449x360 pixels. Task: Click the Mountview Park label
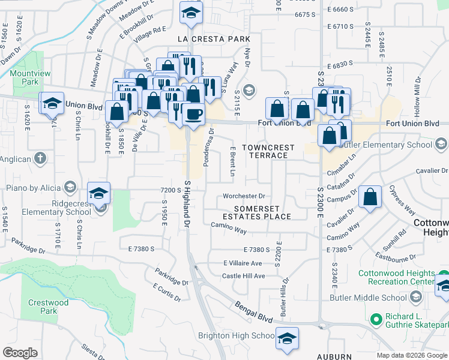[25, 77]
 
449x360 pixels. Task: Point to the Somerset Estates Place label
[257, 212]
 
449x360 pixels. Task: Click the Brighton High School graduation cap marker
[287, 338]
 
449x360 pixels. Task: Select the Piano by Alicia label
[33, 187]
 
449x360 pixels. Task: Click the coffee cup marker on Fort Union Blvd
[193, 114]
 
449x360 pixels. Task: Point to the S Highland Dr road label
[187, 204]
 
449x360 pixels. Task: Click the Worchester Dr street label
[244, 196]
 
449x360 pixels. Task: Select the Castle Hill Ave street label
[243, 276]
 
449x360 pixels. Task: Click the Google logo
[20, 353]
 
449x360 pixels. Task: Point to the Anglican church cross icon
[40, 158]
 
